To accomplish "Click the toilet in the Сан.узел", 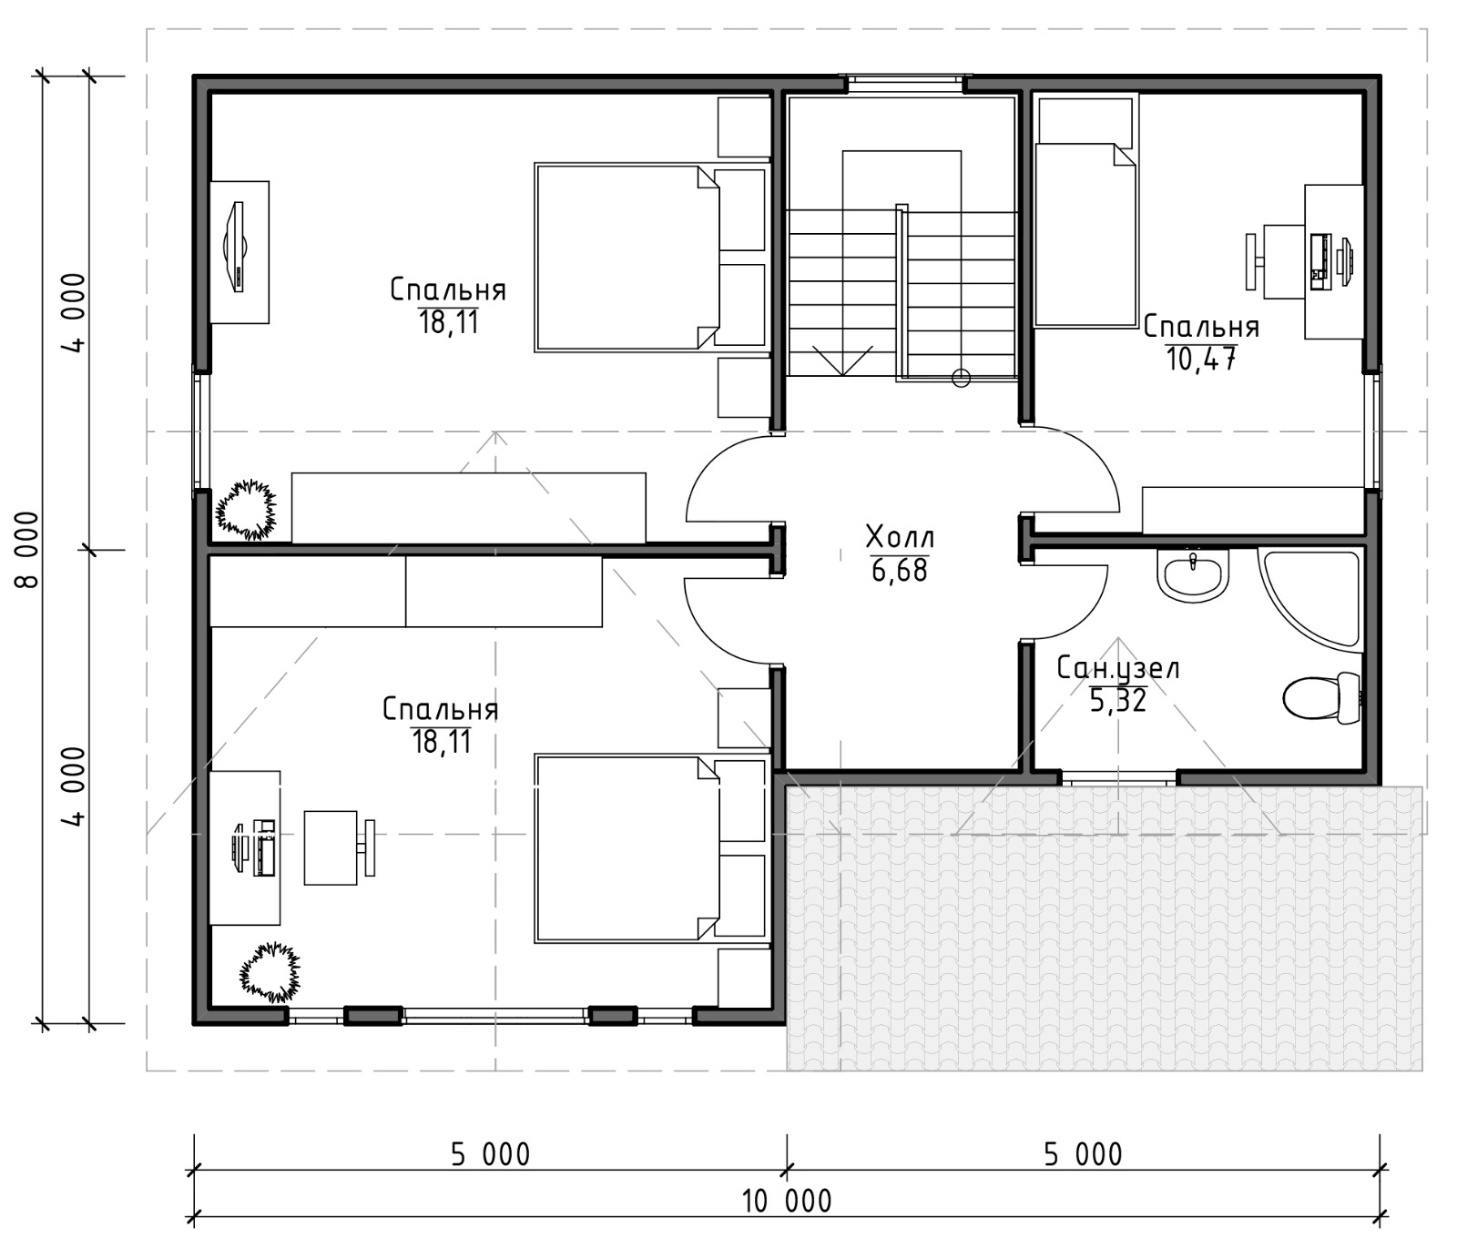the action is (x=1321, y=698).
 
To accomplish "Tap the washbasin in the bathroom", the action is (x=1192, y=574).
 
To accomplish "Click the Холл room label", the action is (x=900, y=537).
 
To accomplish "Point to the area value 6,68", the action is (x=900, y=571).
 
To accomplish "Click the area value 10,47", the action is (x=1201, y=359).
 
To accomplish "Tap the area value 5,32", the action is (x=1118, y=700).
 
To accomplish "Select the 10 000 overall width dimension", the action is (x=787, y=1201).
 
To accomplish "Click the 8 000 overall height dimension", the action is (x=28, y=549).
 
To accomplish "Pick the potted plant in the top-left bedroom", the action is (x=245, y=510).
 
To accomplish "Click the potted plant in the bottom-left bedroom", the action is (x=270, y=971).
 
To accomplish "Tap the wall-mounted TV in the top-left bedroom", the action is (x=235, y=247).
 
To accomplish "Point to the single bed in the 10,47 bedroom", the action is (x=1086, y=234).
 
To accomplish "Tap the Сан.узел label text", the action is (x=1118, y=669).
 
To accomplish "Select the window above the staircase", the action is (x=905, y=83).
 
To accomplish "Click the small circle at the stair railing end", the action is (x=961, y=377).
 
